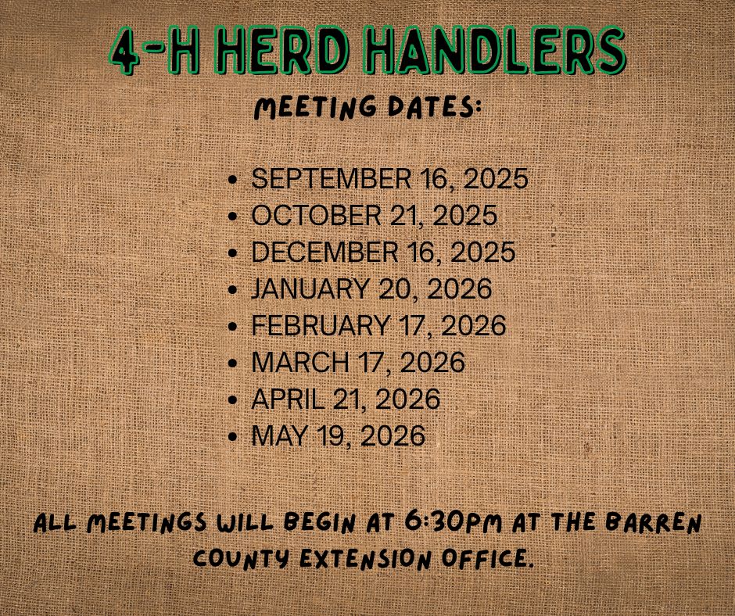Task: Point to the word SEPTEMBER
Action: (326, 179)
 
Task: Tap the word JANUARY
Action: (309, 289)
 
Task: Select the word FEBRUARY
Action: (320, 326)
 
